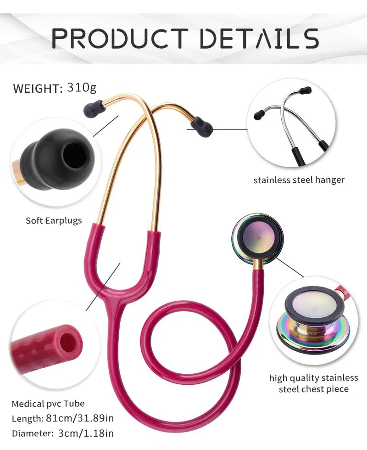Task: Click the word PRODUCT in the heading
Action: coord(120,38)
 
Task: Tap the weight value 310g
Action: coord(82,87)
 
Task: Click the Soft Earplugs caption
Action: coord(54,220)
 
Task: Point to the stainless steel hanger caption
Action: coord(299,180)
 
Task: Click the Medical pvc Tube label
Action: coord(48,404)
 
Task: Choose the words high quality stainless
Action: coord(313,378)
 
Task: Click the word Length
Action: coord(27,418)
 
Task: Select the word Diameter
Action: coord(31,433)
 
